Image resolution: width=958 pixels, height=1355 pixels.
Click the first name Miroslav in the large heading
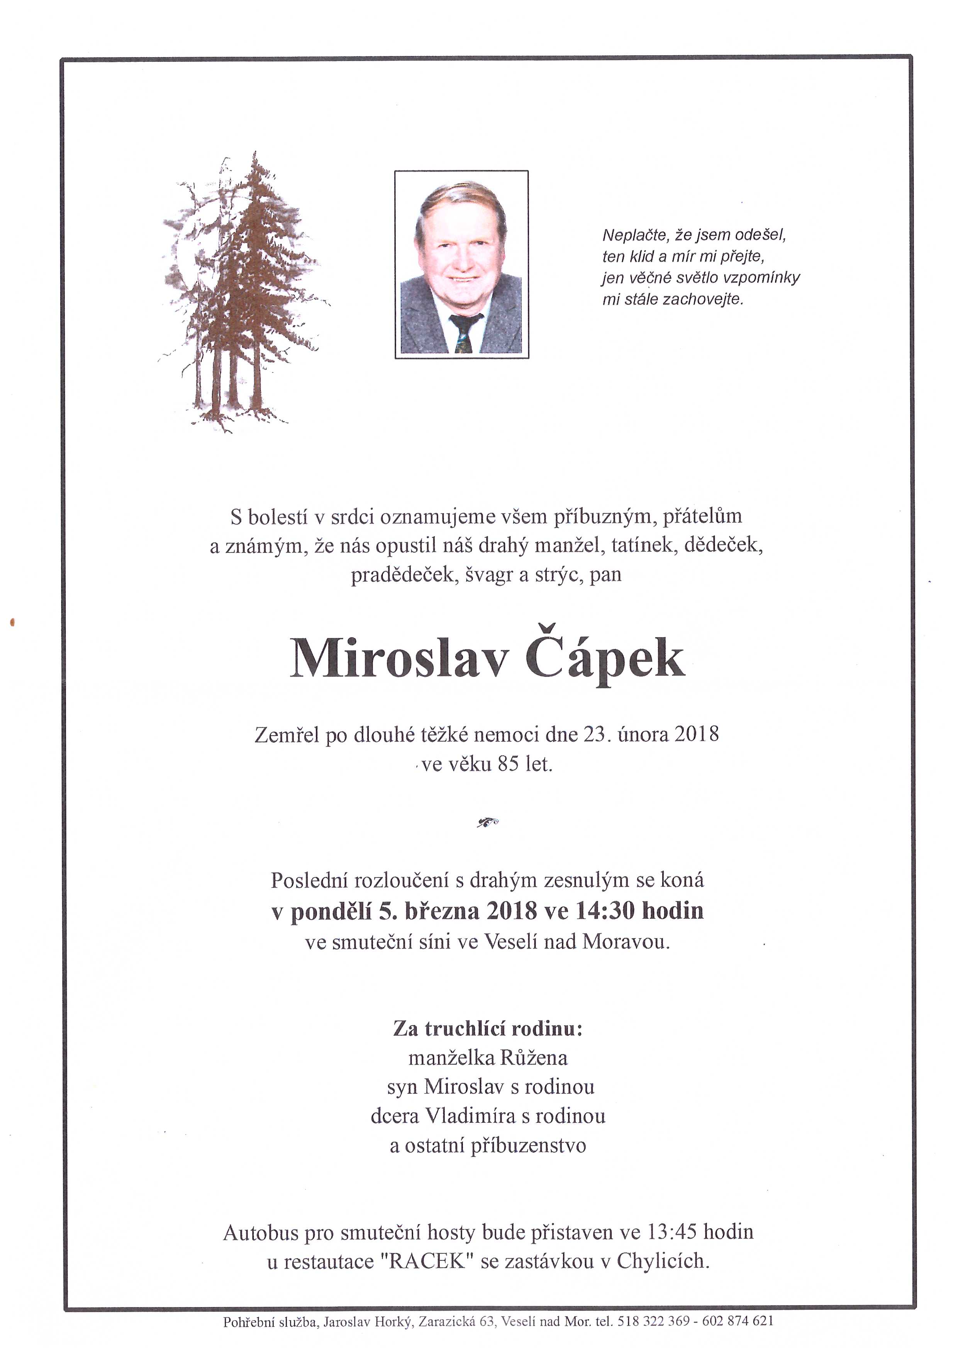399,659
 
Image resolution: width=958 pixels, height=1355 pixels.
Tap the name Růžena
534,1057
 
